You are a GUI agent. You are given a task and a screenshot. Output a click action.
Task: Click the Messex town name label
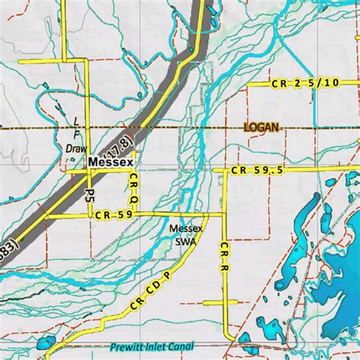(111, 163)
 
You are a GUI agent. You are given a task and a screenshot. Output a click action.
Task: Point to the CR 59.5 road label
(258, 172)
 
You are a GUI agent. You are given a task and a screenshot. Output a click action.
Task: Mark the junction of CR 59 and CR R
(226, 216)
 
